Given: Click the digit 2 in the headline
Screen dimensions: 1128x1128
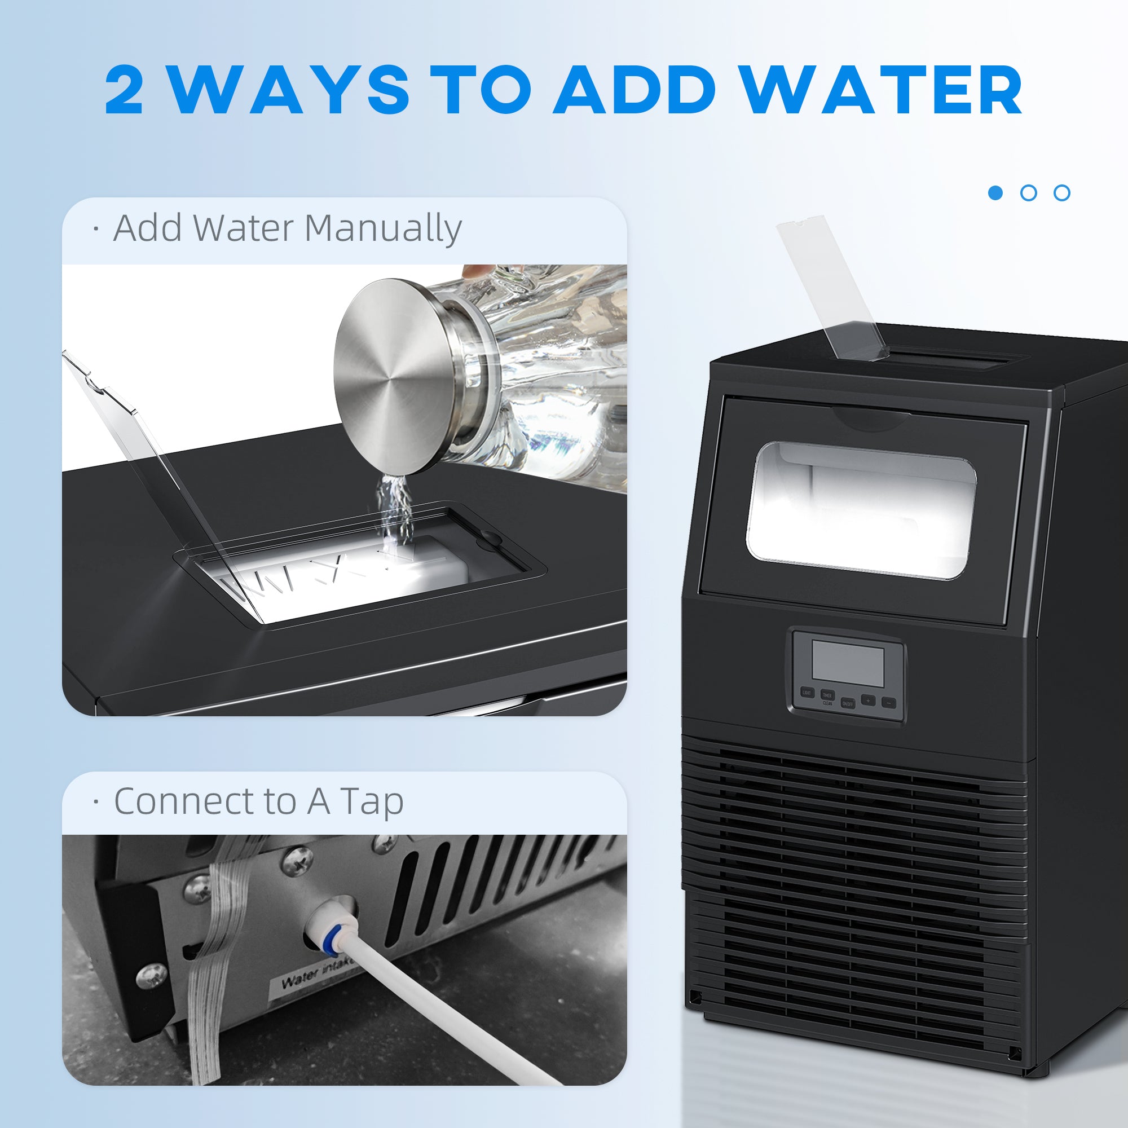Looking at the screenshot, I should (124, 90).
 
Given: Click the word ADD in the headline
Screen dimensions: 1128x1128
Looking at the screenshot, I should (635, 90).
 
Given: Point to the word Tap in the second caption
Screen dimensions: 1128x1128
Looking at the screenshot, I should (372, 802).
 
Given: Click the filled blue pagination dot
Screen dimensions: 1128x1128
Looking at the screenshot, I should (995, 193).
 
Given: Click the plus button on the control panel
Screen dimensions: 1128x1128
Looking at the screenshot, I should (868, 700).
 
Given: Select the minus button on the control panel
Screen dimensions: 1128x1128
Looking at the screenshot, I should (889, 703).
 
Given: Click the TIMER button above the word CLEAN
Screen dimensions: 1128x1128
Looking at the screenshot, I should (827, 695).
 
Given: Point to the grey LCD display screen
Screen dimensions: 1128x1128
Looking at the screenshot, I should (848, 664).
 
